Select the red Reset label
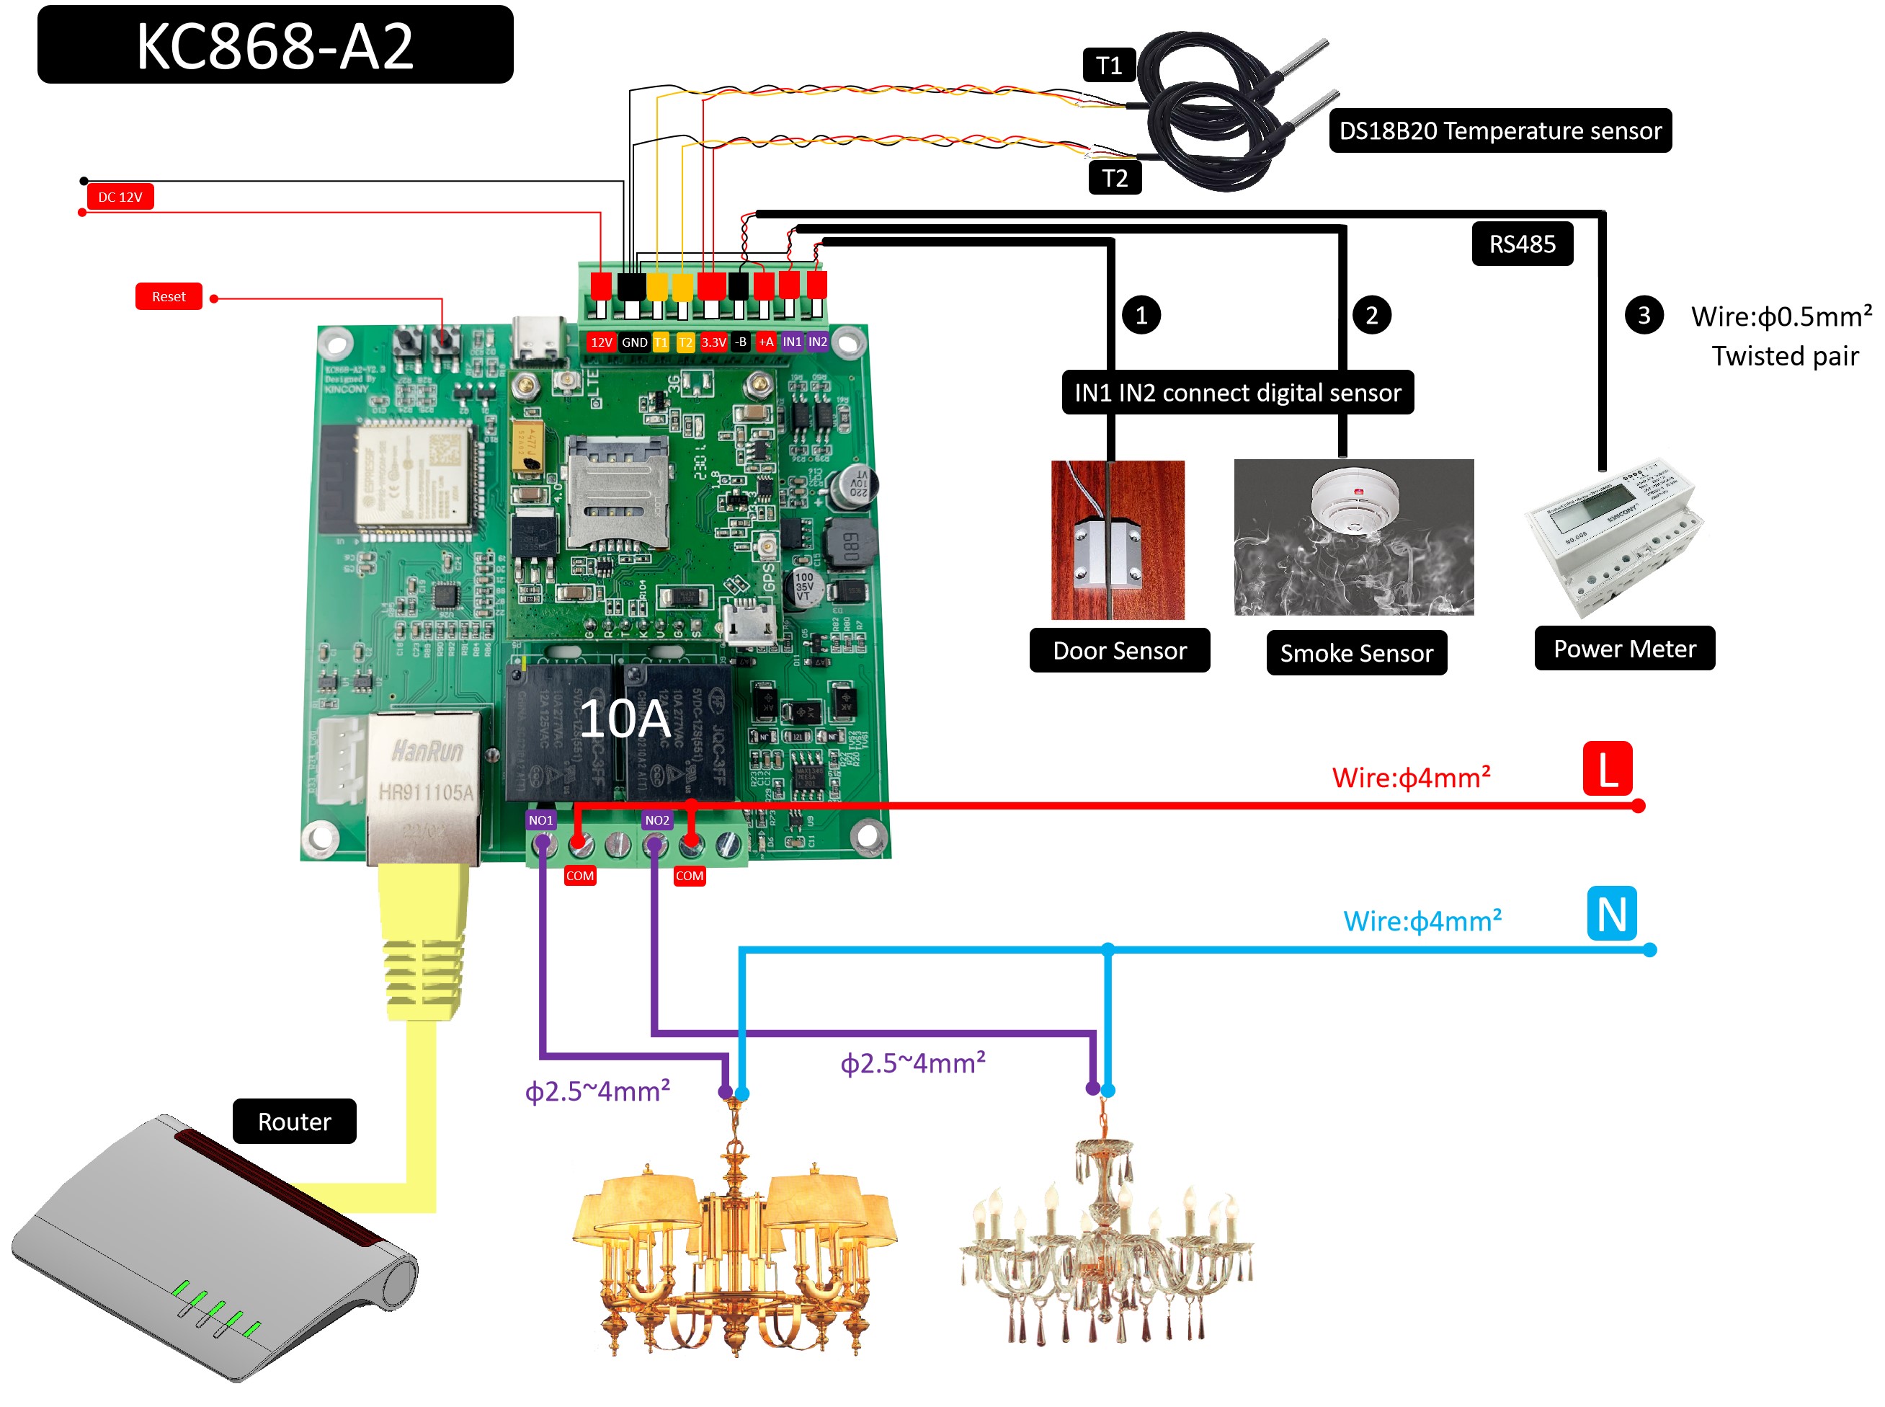pos(168,296)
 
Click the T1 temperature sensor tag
pos(1108,66)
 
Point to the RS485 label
pos(1520,244)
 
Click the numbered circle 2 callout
pos(1371,316)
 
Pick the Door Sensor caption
pos(1119,651)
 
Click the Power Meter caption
pos(1623,649)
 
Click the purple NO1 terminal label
pos(540,820)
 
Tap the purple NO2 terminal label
pos(656,820)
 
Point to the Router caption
pos(294,1122)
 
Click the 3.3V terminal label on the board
pos(713,342)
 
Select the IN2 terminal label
pos(817,342)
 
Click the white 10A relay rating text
pos(625,719)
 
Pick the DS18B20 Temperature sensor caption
pos(1499,131)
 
